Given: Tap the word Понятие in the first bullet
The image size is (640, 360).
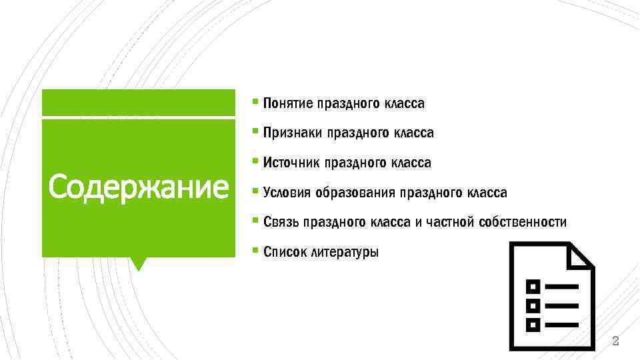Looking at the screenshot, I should (288, 104).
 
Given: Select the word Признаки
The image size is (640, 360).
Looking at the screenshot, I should (293, 133).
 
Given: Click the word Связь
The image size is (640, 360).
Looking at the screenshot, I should (281, 222).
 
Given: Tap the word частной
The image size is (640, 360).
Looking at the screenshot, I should (448, 222).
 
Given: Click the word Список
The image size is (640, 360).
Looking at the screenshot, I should (283, 252).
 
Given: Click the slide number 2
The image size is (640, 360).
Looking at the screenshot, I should (615, 342).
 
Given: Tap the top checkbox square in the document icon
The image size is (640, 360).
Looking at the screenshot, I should (533, 287).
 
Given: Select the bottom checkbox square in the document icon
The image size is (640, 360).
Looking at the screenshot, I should (533, 325).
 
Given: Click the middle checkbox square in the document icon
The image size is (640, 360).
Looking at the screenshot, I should (533, 306).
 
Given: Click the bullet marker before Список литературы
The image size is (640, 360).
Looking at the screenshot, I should (256, 251).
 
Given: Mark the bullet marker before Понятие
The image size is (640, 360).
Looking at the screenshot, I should (256, 103).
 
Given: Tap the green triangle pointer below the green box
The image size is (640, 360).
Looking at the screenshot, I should (139, 263).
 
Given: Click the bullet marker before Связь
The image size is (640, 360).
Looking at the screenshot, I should (256, 221).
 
